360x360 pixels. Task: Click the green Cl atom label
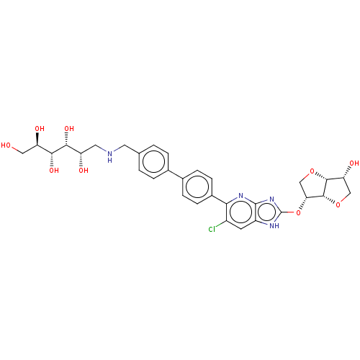point(212,230)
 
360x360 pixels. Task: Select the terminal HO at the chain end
point(6,145)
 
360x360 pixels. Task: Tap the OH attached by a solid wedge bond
point(40,129)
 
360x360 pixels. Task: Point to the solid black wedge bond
point(37,139)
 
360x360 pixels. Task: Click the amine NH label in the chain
point(109,156)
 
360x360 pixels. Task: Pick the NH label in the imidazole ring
point(274,225)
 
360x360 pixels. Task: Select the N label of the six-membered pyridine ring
point(241,196)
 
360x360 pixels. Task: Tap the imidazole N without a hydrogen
point(272,199)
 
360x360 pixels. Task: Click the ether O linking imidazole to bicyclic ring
point(298,212)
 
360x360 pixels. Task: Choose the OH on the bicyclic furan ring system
point(354,163)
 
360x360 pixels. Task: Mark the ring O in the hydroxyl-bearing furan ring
point(338,205)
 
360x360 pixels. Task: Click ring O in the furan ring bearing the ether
point(312,171)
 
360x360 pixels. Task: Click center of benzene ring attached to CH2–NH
point(153,162)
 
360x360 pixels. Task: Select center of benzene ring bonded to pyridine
point(197,187)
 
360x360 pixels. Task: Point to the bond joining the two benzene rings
point(176,174)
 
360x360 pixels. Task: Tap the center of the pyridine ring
point(240,212)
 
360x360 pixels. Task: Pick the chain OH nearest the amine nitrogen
point(84,171)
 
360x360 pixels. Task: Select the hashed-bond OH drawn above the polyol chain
point(69,129)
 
